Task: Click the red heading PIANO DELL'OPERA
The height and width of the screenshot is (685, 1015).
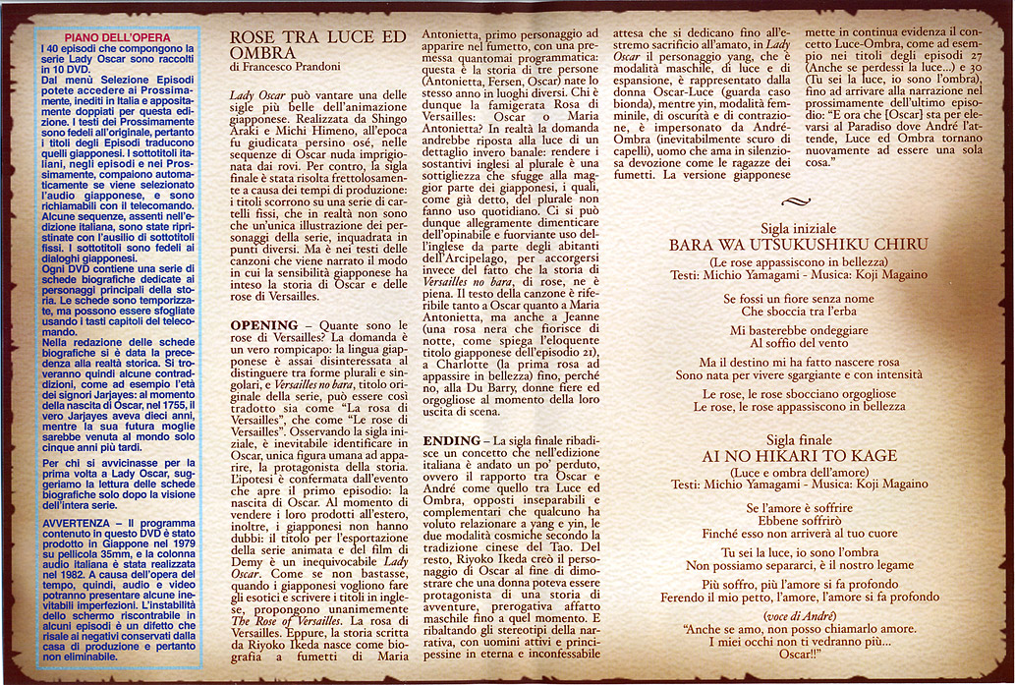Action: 117,37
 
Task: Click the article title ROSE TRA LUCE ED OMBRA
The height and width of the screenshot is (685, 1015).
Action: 316,44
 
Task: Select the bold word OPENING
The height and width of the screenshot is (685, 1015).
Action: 263,324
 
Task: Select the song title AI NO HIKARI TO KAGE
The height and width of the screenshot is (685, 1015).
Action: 800,456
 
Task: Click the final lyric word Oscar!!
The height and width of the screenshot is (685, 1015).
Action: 801,654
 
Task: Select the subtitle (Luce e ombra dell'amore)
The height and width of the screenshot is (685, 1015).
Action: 799,472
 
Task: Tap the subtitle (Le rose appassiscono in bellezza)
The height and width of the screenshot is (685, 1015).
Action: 798,261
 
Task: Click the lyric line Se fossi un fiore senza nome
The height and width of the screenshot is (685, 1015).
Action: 798,298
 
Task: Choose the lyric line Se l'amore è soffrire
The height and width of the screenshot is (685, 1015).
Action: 799,507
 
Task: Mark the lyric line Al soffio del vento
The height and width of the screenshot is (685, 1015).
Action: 798,343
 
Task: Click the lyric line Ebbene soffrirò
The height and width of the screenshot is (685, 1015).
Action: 799,520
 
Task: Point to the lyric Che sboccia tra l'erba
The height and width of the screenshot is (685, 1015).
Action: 798,311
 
